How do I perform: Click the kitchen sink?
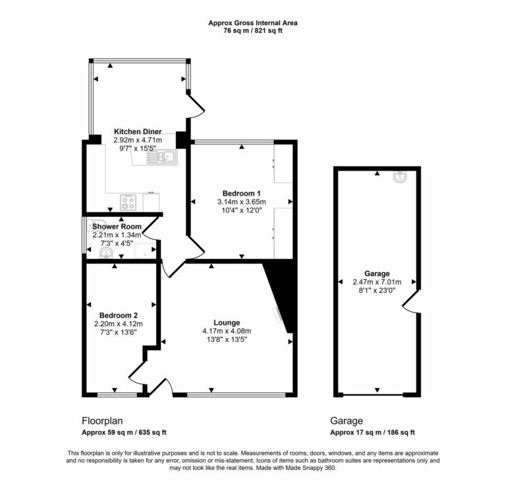pyautogui.click(x=164, y=156)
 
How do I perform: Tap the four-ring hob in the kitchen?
pyautogui.click(x=127, y=202)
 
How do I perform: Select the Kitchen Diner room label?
pyautogui.click(x=138, y=132)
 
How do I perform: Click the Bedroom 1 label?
pyautogui.click(x=240, y=192)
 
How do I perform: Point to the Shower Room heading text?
pyautogui.click(x=117, y=227)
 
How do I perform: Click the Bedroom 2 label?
pyautogui.click(x=119, y=315)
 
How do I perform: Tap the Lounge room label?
pyautogui.click(x=226, y=322)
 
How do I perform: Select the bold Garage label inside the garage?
pyautogui.click(x=377, y=273)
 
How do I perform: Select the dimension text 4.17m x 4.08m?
pyautogui.click(x=227, y=331)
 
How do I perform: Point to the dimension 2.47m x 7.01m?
pyautogui.click(x=377, y=282)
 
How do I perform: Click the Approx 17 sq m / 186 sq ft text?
pyautogui.click(x=372, y=433)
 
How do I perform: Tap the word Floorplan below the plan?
pyautogui.click(x=102, y=421)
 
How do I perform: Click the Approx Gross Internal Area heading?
pyautogui.click(x=253, y=23)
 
